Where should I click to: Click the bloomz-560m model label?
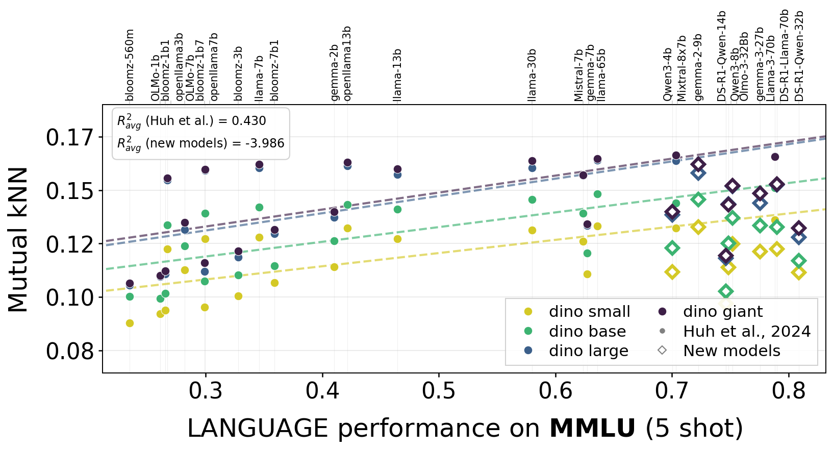(x=130, y=65)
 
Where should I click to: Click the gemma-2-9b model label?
(x=698, y=67)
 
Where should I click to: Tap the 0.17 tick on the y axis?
(x=70, y=138)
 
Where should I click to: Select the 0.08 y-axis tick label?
(x=70, y=351)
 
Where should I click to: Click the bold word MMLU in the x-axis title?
(x=592, y=428)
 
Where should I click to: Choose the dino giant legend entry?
(x=723, y=312)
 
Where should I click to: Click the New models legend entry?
(x=731, y=351)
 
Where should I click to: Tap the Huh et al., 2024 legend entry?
(x=747, y=332)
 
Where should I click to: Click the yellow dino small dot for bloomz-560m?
(x=130, y=323)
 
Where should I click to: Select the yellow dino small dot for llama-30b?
(x=532, y=230)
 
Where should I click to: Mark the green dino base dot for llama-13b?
(x=397, y=209)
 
